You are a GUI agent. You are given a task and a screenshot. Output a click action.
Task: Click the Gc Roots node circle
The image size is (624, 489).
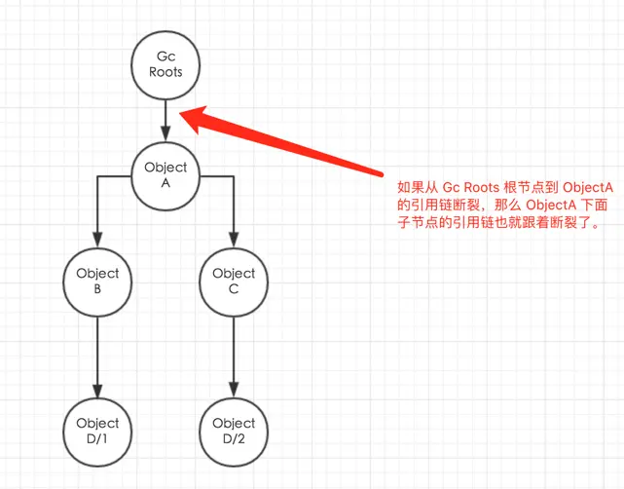(x=165, y=65)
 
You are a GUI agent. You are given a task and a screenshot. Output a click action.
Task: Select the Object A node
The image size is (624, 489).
(x=165, y=175)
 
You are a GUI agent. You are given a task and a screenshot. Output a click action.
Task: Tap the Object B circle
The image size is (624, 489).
(x=97, y=281)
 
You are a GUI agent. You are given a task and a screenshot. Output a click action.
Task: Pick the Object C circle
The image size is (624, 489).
(x=234, y=281)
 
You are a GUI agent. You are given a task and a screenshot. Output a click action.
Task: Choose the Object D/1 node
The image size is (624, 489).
(x=97, y=431)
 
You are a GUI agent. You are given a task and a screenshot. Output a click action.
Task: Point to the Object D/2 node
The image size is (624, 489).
(x=234, y=431)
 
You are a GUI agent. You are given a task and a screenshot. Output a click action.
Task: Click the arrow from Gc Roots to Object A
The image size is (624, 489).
(x=165, y=119)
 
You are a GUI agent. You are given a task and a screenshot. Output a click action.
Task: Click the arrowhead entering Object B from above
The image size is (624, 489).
(x=97, y=238)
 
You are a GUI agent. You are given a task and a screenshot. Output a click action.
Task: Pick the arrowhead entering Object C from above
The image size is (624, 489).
(x=234, y=238)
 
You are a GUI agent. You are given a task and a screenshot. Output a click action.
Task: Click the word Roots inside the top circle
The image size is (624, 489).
(x=165, y=72)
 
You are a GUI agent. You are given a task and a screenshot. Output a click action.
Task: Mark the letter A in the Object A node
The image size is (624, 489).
(x=165, y=183)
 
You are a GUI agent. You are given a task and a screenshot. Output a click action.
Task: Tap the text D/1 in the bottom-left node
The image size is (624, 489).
(x=97, y=438)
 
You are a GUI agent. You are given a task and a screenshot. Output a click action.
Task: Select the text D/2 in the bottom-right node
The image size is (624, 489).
(x=234, y=438)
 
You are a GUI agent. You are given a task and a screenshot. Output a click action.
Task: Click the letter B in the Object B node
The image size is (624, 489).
(x=97, y=288)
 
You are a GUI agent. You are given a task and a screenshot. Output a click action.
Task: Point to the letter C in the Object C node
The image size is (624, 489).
(x=234, y=288)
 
